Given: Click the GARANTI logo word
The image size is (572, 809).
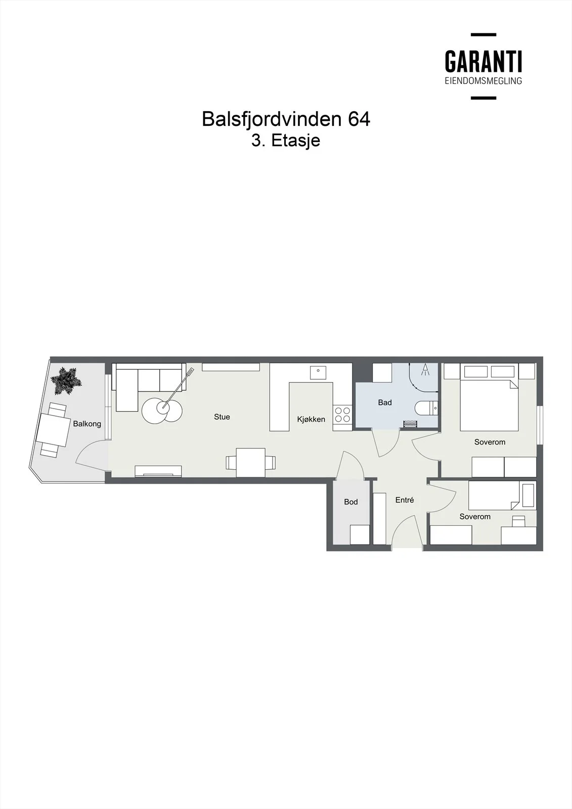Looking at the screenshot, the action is click(483, 61).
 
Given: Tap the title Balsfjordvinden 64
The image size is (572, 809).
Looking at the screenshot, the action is click(286, 119).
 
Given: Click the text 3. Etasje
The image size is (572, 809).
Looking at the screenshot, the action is click(286, 141).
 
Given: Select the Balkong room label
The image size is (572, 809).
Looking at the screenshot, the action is click(87, 424).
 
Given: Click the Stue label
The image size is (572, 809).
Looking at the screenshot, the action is click(222, 417).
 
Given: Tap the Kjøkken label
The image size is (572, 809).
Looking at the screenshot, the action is click(311, 419).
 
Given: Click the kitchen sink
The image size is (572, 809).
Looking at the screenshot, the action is click(318, 373).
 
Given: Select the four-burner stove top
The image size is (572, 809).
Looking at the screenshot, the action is click(342, 414).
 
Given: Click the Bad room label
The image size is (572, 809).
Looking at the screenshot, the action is click(385, 402).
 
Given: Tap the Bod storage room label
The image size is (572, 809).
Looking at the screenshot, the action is click(351, 502).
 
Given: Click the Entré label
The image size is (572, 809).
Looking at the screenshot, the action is click(405, 500).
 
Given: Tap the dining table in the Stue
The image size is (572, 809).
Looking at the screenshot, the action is click(251, 463).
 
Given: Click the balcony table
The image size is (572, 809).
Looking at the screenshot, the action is click(53, 430).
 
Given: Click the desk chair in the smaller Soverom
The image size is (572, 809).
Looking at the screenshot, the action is click(519, 520).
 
